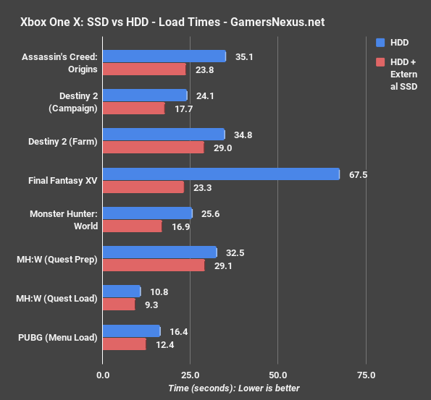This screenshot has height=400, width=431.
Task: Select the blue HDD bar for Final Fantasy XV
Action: point(221,174)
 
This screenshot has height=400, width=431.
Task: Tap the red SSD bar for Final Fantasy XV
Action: point(143,187)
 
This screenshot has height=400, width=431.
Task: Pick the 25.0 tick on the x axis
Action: point(191,375)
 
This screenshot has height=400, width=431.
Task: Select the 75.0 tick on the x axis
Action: point(367,375)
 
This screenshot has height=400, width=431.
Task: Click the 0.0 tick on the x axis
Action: point(103,375)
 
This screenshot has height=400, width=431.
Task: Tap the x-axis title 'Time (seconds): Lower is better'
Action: point(234,388)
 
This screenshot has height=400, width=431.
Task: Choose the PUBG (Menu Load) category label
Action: point(61,337)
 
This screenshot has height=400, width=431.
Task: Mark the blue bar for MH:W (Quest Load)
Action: point(122,291)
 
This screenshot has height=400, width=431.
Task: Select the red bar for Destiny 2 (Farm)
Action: point(154,148)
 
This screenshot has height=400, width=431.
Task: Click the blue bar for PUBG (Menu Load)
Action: point(131,331)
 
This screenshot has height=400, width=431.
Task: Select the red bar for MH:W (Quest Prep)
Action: point(154,265)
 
